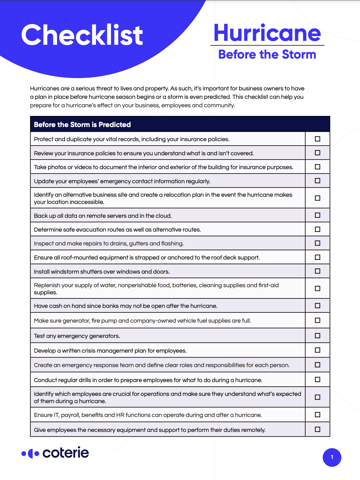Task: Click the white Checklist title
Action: point(82,35)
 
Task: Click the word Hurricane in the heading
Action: point(267,33)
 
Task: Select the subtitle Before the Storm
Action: point(267,55)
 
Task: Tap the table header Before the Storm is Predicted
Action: point(82,125)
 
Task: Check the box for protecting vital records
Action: point(317,139)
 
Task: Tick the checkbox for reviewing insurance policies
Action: point(317,153)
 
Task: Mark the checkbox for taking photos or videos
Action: point(317,167)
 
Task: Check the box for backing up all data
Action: point(317,215)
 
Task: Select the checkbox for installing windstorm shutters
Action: point(317,271)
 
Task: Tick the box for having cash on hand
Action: point(317,306)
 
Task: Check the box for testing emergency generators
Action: point(317,336)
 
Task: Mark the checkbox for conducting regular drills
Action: point(317,380)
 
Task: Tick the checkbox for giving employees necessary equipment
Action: point(317,430)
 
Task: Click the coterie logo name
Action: point(66,453)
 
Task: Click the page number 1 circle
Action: point(332,457)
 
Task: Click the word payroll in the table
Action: point(70,415)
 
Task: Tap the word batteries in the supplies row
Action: point(184,285)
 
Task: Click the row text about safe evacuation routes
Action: point(117,230)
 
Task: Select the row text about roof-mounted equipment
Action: point(147,258)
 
